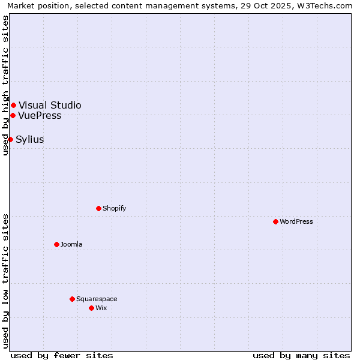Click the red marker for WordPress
tap(275, 221)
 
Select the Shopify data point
tap(98, 208)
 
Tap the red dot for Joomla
tap(56, 244)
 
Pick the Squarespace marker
tap(72, 299)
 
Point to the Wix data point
tap(91, 308)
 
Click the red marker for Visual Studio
tap(13, 106)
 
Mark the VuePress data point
tap(13, 115)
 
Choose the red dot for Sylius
tap(10, 139)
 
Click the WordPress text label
tap(296, 221)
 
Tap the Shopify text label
tap(114, 208)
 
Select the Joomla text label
tap(71, 244)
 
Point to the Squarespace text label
tap(97, 299)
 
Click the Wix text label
tap(101, 308)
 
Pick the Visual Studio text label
tap(50, 106)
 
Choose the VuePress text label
tap(40, 115)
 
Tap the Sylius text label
tap(30, 139)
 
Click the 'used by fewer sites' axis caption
tap(62, 355)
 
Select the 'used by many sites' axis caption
tap(301, 355)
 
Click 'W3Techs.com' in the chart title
tap(326, 6)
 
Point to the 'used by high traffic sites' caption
tap(6, 85)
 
